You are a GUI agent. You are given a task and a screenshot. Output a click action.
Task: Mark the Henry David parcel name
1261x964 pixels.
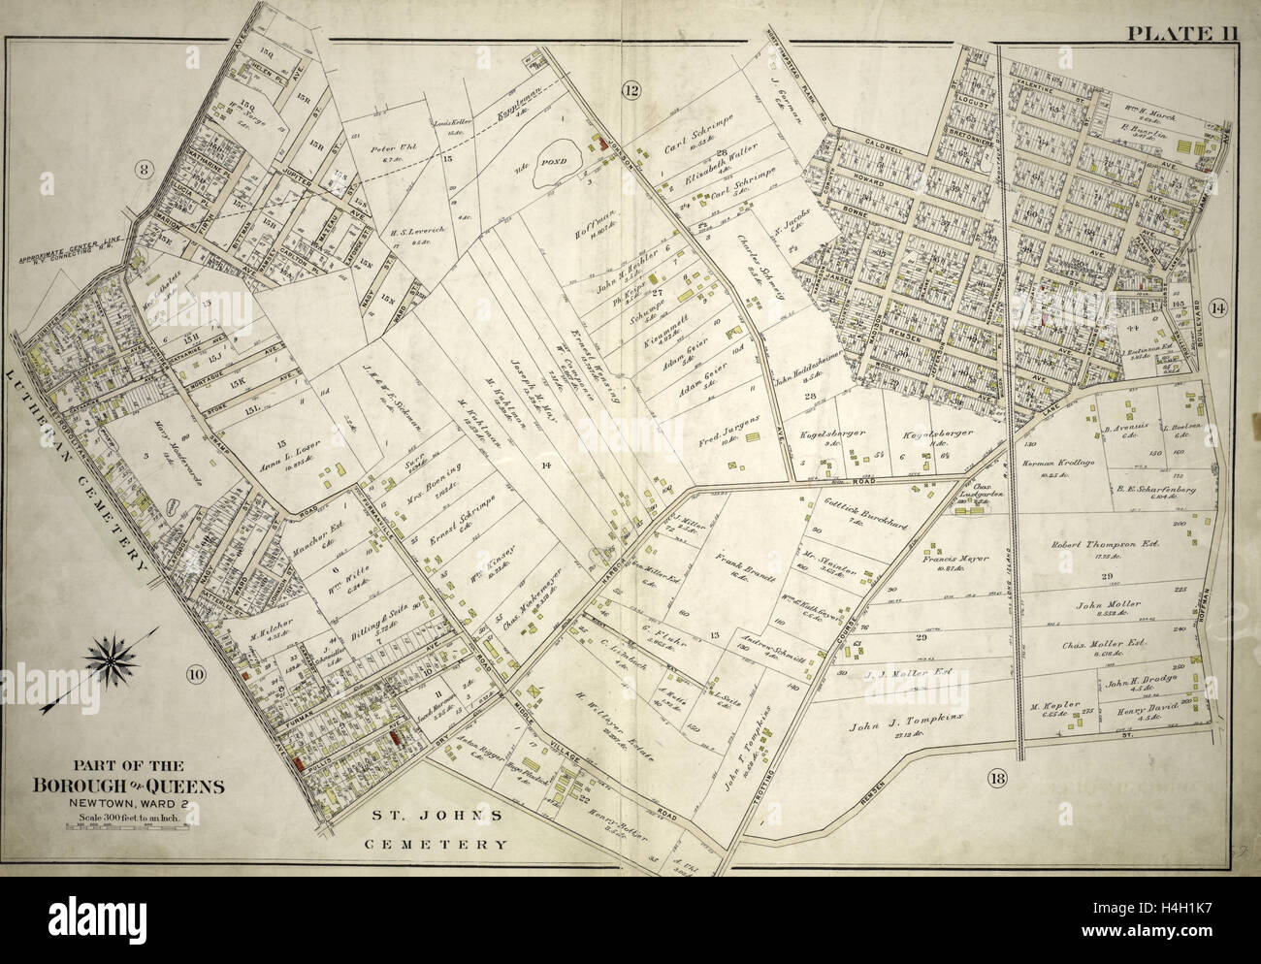[x=1148, y=709]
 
